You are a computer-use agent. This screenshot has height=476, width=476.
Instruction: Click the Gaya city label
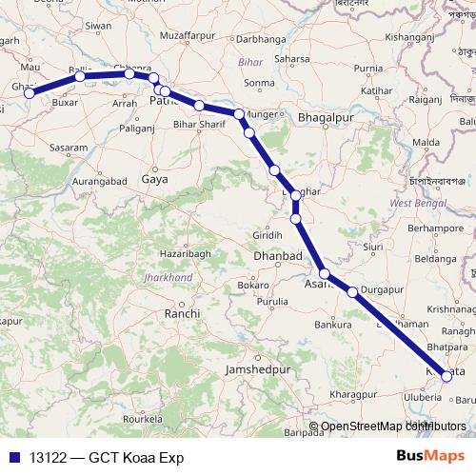[153, 178]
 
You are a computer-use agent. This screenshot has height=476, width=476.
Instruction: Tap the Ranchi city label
[182, 313]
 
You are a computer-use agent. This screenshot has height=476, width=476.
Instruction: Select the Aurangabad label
[100, 179]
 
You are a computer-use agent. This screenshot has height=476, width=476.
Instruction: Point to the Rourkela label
[152, 418]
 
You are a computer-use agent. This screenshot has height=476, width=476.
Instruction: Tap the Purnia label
[368, 69]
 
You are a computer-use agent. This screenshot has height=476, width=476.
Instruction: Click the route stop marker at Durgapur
[352, 291]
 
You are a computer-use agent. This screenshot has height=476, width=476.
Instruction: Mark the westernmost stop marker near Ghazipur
[30, 92]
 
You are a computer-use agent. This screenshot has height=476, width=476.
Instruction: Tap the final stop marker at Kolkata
[446, 377]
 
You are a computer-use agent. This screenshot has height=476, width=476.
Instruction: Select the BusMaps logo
[430, 457]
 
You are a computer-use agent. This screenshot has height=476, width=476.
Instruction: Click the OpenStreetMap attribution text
[392, 426]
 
